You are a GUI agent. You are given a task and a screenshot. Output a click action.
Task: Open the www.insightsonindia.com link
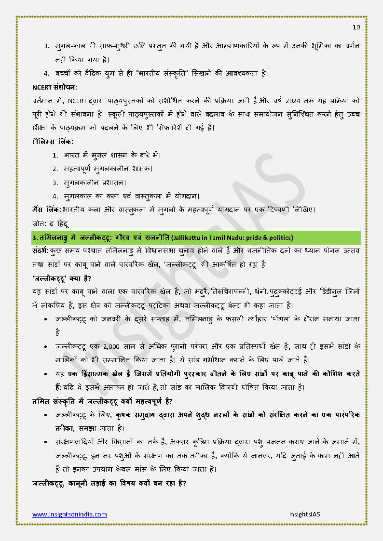[x=69, y=514]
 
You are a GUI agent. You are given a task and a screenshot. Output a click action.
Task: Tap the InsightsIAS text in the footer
[x=304, y=514]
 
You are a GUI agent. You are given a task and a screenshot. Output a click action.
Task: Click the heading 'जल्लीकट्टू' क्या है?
[x=62, y=279]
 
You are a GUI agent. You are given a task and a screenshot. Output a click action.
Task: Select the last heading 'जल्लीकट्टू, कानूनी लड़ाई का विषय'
[x=109, y=483]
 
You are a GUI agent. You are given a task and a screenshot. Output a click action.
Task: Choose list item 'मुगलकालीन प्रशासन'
[x=95, y=183]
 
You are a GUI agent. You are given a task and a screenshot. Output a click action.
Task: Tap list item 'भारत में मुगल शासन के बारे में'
[x=112, y=155]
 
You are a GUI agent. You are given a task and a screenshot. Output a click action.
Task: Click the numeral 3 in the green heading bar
[x=35, y=238]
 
